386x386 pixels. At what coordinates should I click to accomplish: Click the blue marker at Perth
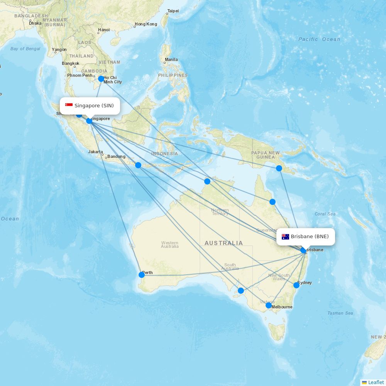click(x=142, y=275)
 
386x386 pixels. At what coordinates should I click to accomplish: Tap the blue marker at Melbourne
click(x=269, y=305)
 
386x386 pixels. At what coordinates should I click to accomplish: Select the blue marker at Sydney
click(x=296, y=285)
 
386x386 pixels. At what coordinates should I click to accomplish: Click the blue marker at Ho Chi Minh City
click(x=101, y=79)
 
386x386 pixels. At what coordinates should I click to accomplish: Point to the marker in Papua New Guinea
click(x=279, y=168)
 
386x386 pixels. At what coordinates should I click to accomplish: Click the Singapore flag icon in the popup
click(x=69, y=105)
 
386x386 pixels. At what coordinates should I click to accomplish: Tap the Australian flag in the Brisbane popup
click(x=286, y=237)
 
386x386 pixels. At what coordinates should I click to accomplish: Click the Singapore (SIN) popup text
click(x=94, y=106)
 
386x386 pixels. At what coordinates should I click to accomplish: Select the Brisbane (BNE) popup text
click(x=310, y=237)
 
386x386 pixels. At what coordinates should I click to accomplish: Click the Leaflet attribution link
click(x=376, y=382)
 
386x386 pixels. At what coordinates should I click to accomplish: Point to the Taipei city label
click(x=173, y=11)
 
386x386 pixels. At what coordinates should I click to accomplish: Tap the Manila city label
click(x=171, y=60)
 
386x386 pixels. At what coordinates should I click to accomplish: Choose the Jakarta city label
click(x=95, y=152)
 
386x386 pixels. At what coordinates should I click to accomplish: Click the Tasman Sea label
click(x=340, y=313)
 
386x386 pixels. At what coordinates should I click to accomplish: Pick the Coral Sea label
click(x=325, y=214)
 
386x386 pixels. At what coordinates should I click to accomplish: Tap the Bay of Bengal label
click(x=25, y=49)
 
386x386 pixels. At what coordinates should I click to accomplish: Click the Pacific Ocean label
click(x=319, y=39)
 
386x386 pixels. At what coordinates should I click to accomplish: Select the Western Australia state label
click(x=170, y=244)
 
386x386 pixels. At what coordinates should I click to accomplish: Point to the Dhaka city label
click(x=35, y=23)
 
